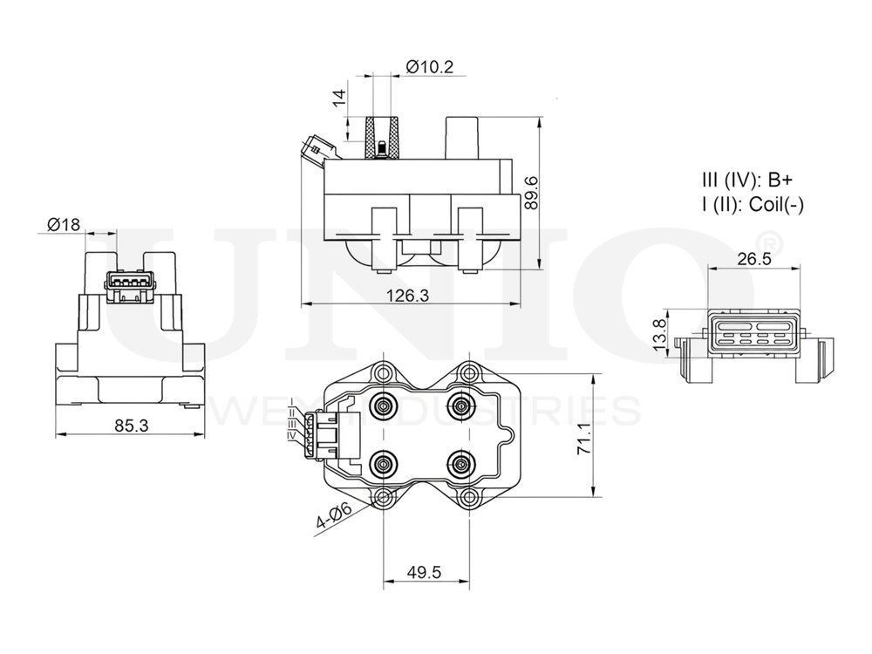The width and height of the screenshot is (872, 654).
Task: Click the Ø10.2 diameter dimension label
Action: pos(430,66)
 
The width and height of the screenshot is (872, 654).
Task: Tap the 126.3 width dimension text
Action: pos(407,296)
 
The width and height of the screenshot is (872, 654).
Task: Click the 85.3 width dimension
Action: pos(130,425)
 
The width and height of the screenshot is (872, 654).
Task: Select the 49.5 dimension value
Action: pos(425,572)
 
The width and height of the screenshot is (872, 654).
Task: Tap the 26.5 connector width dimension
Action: pos(753,259)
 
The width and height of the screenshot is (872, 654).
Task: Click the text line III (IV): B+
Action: pos(747,181)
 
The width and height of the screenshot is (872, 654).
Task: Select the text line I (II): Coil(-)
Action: pos(753,205)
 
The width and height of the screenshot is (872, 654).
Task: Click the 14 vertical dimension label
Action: pos(339,98)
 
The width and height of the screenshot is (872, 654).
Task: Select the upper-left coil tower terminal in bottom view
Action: pos(383,405)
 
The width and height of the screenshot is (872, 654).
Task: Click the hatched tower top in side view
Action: pos(381,139)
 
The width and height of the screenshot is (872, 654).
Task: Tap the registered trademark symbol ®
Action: pos(772,242)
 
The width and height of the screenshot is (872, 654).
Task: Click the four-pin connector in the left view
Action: pos(130,283)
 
